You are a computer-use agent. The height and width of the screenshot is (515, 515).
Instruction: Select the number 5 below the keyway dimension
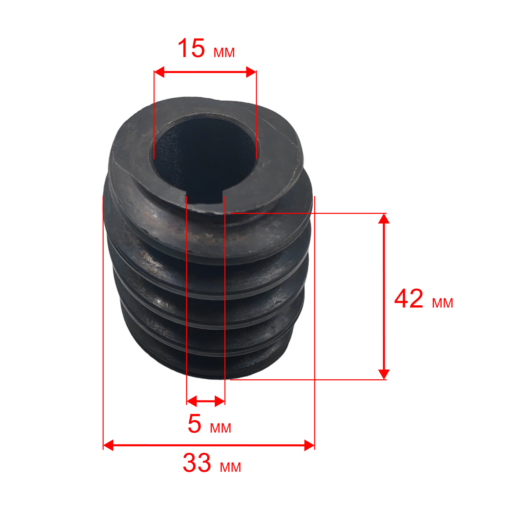195,424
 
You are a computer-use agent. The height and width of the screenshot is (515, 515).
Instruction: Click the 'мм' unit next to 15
224,53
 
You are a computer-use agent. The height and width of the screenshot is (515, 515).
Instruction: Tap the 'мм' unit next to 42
443,303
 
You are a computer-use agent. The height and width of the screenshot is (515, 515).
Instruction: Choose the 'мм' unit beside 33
230,467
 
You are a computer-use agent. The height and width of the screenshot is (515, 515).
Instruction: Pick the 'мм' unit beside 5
220,428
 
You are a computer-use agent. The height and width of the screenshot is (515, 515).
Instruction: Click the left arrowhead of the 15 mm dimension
159,72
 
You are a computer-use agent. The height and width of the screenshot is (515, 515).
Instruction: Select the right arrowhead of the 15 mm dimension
251,72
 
